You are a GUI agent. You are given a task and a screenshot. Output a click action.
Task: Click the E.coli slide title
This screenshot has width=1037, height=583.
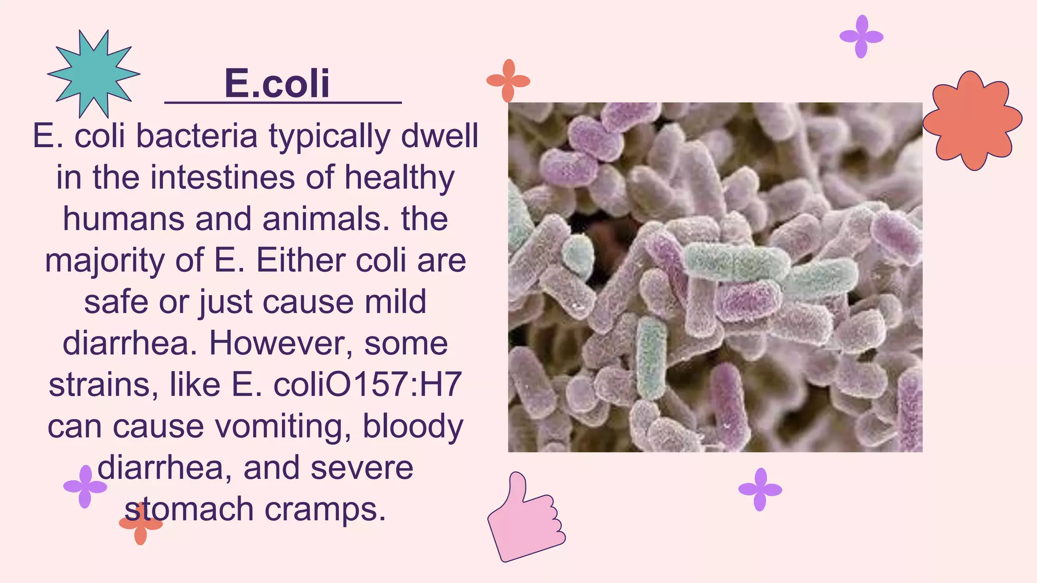point(277,84)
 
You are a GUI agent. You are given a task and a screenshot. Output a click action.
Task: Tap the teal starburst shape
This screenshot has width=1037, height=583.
point(94,74)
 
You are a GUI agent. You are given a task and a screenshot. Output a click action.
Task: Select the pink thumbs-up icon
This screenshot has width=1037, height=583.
point(525,519)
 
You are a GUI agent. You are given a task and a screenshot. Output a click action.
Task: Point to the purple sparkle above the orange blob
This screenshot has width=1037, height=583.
point(861,36)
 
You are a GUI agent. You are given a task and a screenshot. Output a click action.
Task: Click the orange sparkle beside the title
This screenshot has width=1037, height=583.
point(508,81)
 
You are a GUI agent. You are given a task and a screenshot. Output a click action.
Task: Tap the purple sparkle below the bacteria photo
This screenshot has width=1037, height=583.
point(760,489)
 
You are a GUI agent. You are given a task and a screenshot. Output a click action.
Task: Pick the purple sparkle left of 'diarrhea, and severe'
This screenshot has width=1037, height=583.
point(85,487)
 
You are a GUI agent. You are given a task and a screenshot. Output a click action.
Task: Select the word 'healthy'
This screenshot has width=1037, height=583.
point(400,179)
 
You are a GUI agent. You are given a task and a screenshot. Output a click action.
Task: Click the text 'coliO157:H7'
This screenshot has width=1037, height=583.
point(368,385)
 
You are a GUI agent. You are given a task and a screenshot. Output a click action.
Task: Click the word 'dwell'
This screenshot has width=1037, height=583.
point(439,136)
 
